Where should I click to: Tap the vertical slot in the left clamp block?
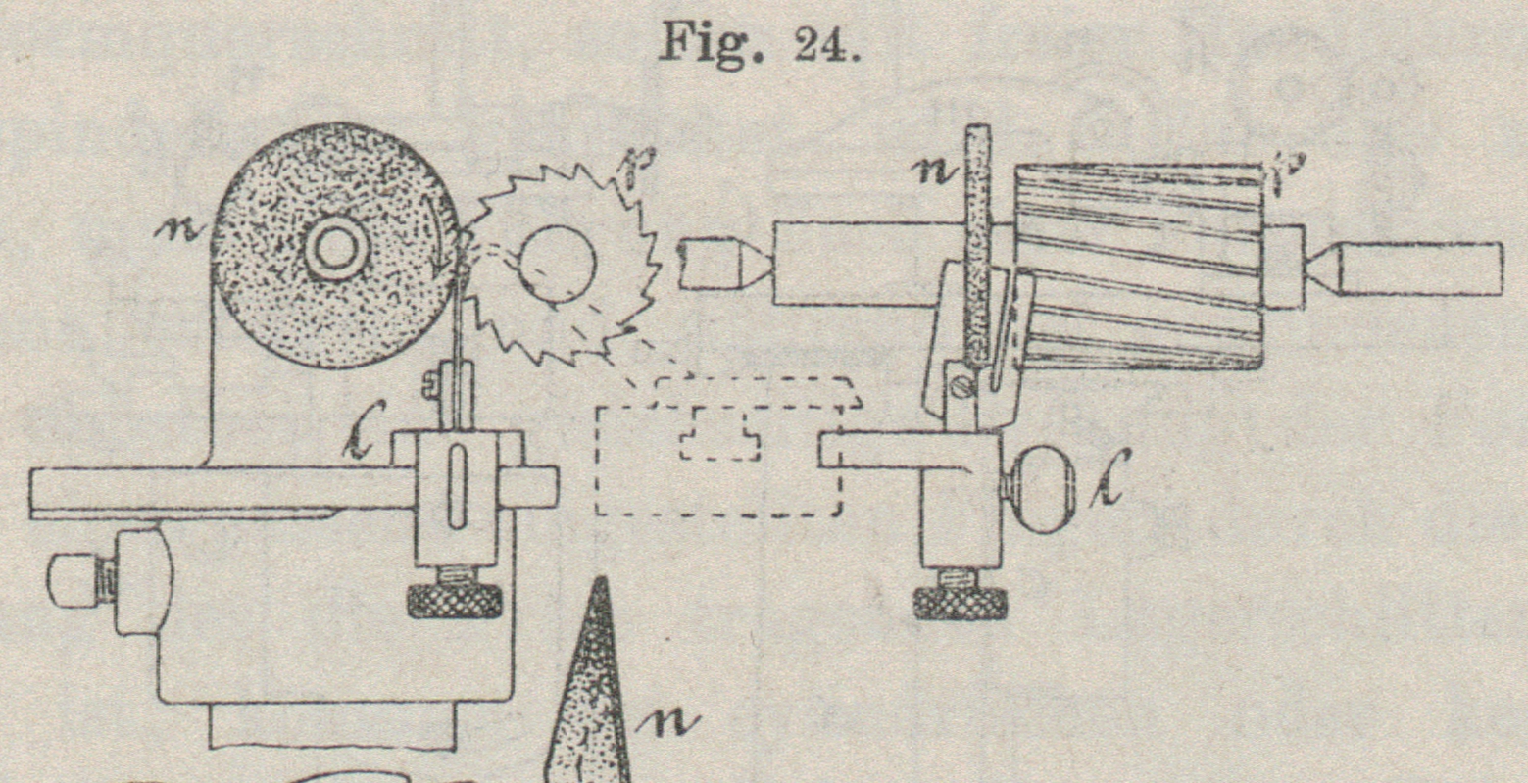pos(458,490)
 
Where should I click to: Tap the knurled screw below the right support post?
pos(961,600)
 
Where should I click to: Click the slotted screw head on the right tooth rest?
pos(960,388)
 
